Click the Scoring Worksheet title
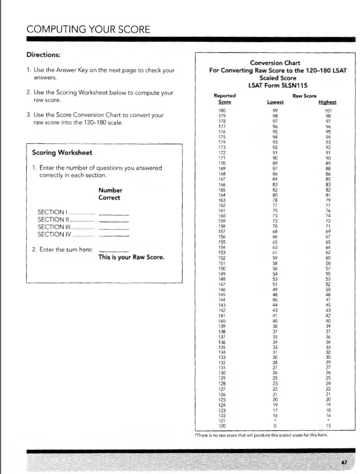pos(62,153)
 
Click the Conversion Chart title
pos(273,63)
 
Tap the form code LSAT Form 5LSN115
pos(273,85)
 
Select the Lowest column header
pos(274,102)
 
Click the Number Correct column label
pos(110,194)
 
